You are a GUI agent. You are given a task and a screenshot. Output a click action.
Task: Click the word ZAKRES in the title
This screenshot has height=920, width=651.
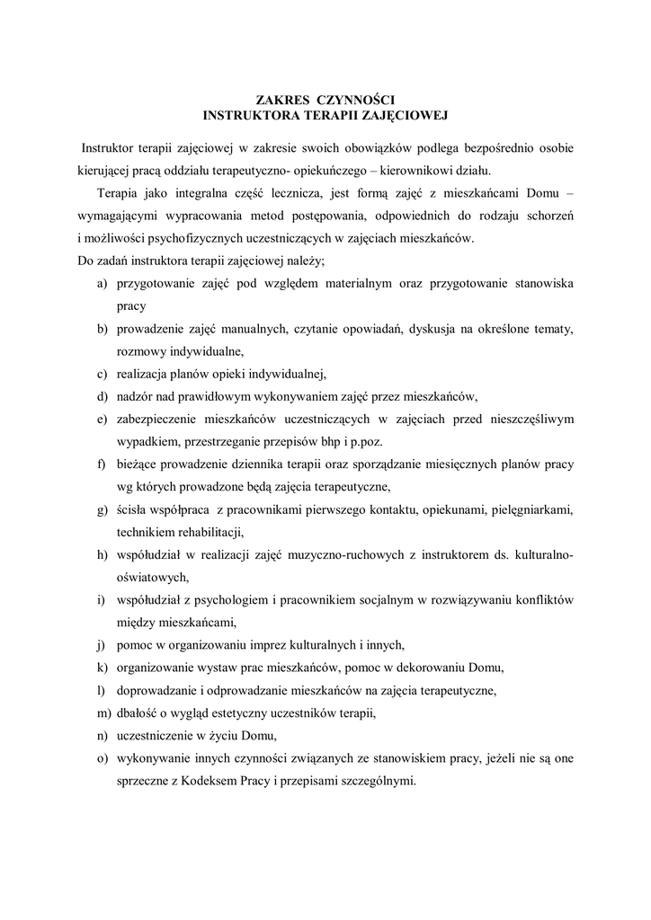pos(279,100)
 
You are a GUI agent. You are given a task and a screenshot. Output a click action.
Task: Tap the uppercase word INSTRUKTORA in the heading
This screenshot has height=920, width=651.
pos(246,115)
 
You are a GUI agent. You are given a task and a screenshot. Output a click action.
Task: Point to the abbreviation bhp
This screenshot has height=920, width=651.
pos(341,441)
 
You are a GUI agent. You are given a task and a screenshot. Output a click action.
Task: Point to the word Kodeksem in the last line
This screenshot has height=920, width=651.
pos(212,780)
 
